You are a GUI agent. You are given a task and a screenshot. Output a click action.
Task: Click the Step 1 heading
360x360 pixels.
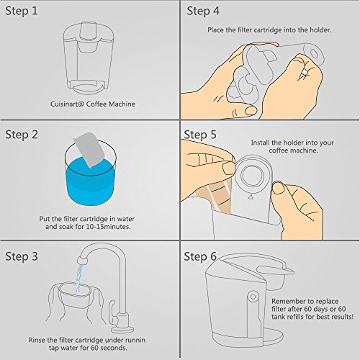click(22, 11)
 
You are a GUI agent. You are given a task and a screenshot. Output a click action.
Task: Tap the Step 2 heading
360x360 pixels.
click(22, 135)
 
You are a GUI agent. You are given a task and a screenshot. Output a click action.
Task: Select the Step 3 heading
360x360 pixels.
click(22, 256)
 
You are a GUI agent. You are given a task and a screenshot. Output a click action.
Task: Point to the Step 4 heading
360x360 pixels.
click(203, 11)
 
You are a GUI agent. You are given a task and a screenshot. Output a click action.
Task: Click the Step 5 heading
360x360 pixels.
click(200, 135)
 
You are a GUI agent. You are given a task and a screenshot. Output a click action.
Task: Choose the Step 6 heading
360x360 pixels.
click(200, 256)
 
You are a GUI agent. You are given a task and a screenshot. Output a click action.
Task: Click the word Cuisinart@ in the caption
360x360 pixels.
click(67, 104)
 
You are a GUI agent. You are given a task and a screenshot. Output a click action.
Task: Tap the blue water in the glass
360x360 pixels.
click(91, 182)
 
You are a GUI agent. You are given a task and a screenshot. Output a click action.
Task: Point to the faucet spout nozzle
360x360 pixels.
click(81, 260)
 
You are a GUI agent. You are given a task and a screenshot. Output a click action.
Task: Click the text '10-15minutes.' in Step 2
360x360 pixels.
click(108, 227)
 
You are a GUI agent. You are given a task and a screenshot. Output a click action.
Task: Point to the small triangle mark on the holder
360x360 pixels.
click(251, 197)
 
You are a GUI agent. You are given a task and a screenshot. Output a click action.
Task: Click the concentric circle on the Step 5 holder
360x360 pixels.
click(251, 176)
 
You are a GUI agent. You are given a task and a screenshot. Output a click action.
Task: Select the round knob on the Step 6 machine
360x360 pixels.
click(253, 297)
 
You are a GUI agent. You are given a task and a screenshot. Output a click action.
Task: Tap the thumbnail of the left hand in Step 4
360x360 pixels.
click(251, 110)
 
